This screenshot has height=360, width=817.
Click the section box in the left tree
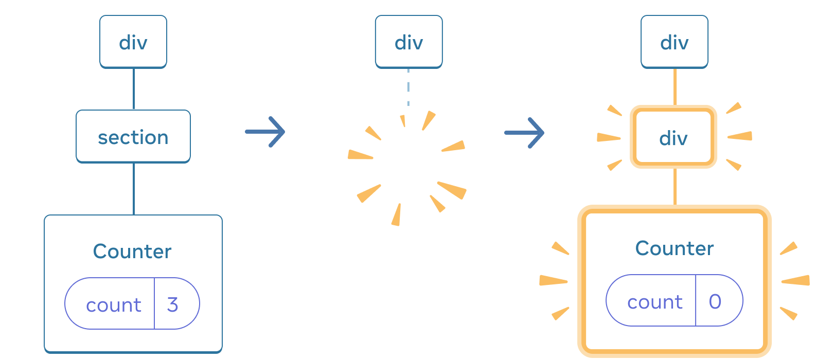click(x=133, y=137)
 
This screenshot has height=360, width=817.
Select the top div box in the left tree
click(x=133, y=42)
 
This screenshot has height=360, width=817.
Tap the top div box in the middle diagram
click(x=408, y=42)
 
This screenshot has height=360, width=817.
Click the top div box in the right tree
click(x=674, y=42)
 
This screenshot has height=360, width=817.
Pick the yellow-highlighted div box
click(x=673, y=137)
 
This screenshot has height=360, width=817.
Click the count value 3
click(x=173, y=304)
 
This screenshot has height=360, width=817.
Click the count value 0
click(x=715, y=301)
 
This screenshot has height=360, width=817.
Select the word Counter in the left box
click(x=132, y=251)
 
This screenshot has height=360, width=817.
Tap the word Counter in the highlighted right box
click(x=674, y=248)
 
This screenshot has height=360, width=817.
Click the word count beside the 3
click(x=113, y=305)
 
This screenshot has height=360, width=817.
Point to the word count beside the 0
click(x=654, y=302)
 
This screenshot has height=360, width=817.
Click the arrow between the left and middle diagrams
click(x=265, y=132)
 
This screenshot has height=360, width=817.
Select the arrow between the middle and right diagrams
click(x=524, y=133)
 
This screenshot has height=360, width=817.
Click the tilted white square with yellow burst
click(x=408, y=167)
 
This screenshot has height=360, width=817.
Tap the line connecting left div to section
click(x=134, y=88)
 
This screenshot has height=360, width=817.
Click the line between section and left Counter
click(x=134, y=189)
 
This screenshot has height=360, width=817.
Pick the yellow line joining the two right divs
click(x=674, y=87)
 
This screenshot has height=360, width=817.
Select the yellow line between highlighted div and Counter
click(x=674, y=186)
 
